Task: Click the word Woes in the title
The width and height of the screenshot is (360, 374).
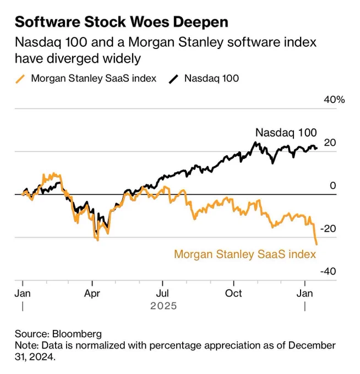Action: pyautogui.click(x=150, y=22)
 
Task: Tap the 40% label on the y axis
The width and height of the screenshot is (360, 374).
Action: pyautogui.click(x=334, y=100)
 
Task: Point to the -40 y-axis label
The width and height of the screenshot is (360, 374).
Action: pyautogui.click(x=328, y=271)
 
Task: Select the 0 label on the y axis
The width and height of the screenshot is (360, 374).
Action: pyautogui.click(x=333, y=185)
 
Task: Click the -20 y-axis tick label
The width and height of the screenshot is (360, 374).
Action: pyautogui.click(x=328, y=228)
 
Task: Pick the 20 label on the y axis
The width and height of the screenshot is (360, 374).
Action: pyautogui.click(x=330, y=142)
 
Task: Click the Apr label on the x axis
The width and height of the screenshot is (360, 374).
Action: pyautogui.click(x=92, y=294)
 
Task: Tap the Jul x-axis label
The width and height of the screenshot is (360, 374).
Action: pyautogui.click(x=162, y=293)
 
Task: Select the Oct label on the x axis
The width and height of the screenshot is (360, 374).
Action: pyautogui.click(x=233, y=293)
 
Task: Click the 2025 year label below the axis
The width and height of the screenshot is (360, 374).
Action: pyautogui.click(x=163, y=306)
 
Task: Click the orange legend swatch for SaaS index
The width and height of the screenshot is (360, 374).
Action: pyautogui.click(x=20, y=79)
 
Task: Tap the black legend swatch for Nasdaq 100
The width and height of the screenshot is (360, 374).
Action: pyautogui.click(x=173, y=79)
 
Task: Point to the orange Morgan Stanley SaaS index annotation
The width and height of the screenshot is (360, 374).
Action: pyautogui.click(x=245, y=254)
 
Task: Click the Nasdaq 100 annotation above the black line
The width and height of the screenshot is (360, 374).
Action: pyautogui.click(x=286, y=133)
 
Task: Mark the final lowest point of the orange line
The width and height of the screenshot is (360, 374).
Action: pyautogui.click(x=317, y=244)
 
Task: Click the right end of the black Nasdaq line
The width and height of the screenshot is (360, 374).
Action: pyautogui.click(x=317, y=148)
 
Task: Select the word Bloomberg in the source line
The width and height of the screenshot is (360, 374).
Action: pyautogui.click(x=77, y=334)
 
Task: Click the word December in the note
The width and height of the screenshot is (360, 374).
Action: pyautogui.click(x=312, y=345)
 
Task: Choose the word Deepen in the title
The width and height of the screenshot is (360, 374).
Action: pyautogui.click(x=200, y=23)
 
